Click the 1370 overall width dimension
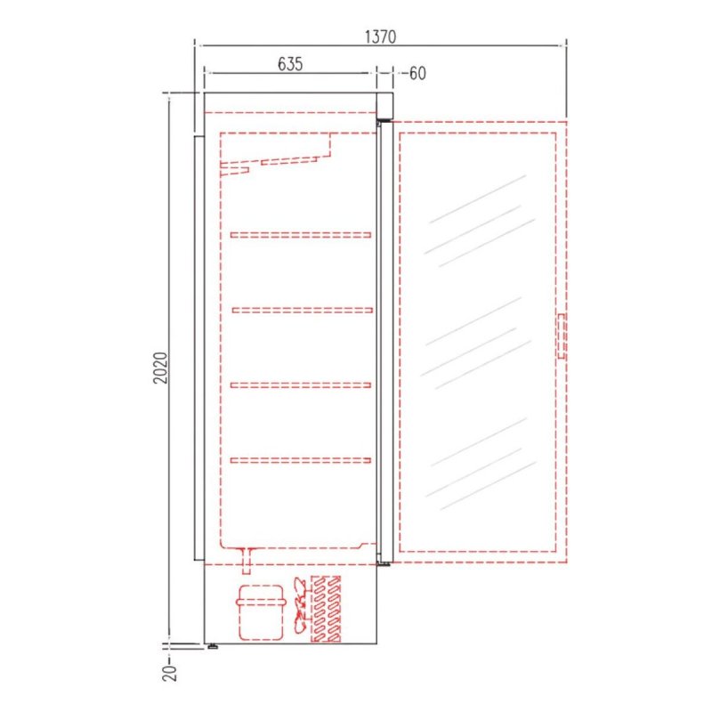(381, 36)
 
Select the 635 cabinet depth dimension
(290, 64)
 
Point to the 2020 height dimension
(160, 368)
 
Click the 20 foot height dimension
(169, 673)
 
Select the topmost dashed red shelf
(301, 235)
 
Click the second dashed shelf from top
(303, 310)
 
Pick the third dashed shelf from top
(301, 385)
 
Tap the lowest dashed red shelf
(301, 460)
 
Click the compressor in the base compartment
(261, 612)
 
